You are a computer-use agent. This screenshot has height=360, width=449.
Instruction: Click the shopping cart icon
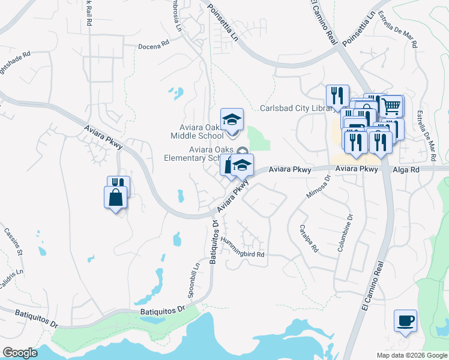tap(391, 106)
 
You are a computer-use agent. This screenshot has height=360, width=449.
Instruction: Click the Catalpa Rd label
tap(308, 238)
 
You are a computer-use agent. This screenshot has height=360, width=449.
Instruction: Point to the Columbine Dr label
tap(345, 233)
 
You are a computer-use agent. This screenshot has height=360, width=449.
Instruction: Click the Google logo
tap(20, 353)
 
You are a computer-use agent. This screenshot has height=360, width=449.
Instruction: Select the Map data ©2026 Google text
tap(411, 355)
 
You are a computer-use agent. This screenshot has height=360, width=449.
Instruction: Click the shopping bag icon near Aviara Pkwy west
tap(115, 196)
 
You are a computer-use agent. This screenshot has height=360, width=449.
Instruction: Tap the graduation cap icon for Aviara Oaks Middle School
tap(231, 119)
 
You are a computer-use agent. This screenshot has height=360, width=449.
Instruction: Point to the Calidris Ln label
tap(13, 271)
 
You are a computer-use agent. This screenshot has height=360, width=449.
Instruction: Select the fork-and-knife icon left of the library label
tap(337, 95)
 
